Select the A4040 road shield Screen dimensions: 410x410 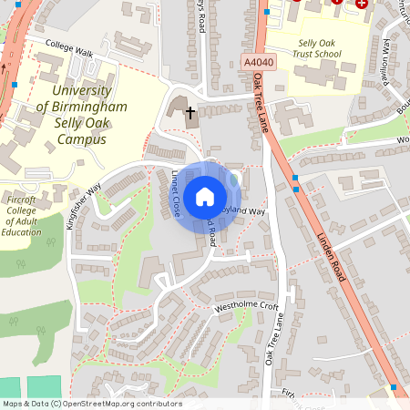click(259, 62)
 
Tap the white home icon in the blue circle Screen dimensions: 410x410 click(205, 197)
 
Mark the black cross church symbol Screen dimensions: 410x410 click(190, 114)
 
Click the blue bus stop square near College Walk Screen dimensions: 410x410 click(15, 85)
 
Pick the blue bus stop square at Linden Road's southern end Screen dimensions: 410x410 click(393, 387)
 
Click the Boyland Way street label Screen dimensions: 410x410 click(244, 210)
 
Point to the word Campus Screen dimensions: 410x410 click(79, 139)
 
